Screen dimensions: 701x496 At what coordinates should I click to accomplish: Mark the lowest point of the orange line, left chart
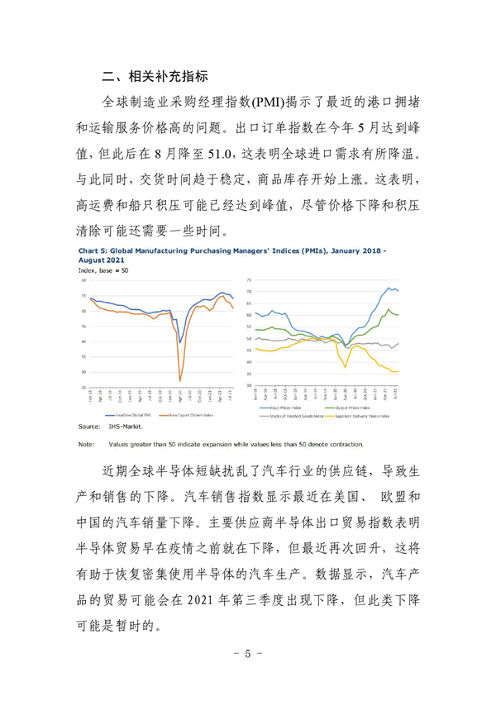[180, 380]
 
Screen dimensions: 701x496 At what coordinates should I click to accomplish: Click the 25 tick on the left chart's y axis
[83, 387]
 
